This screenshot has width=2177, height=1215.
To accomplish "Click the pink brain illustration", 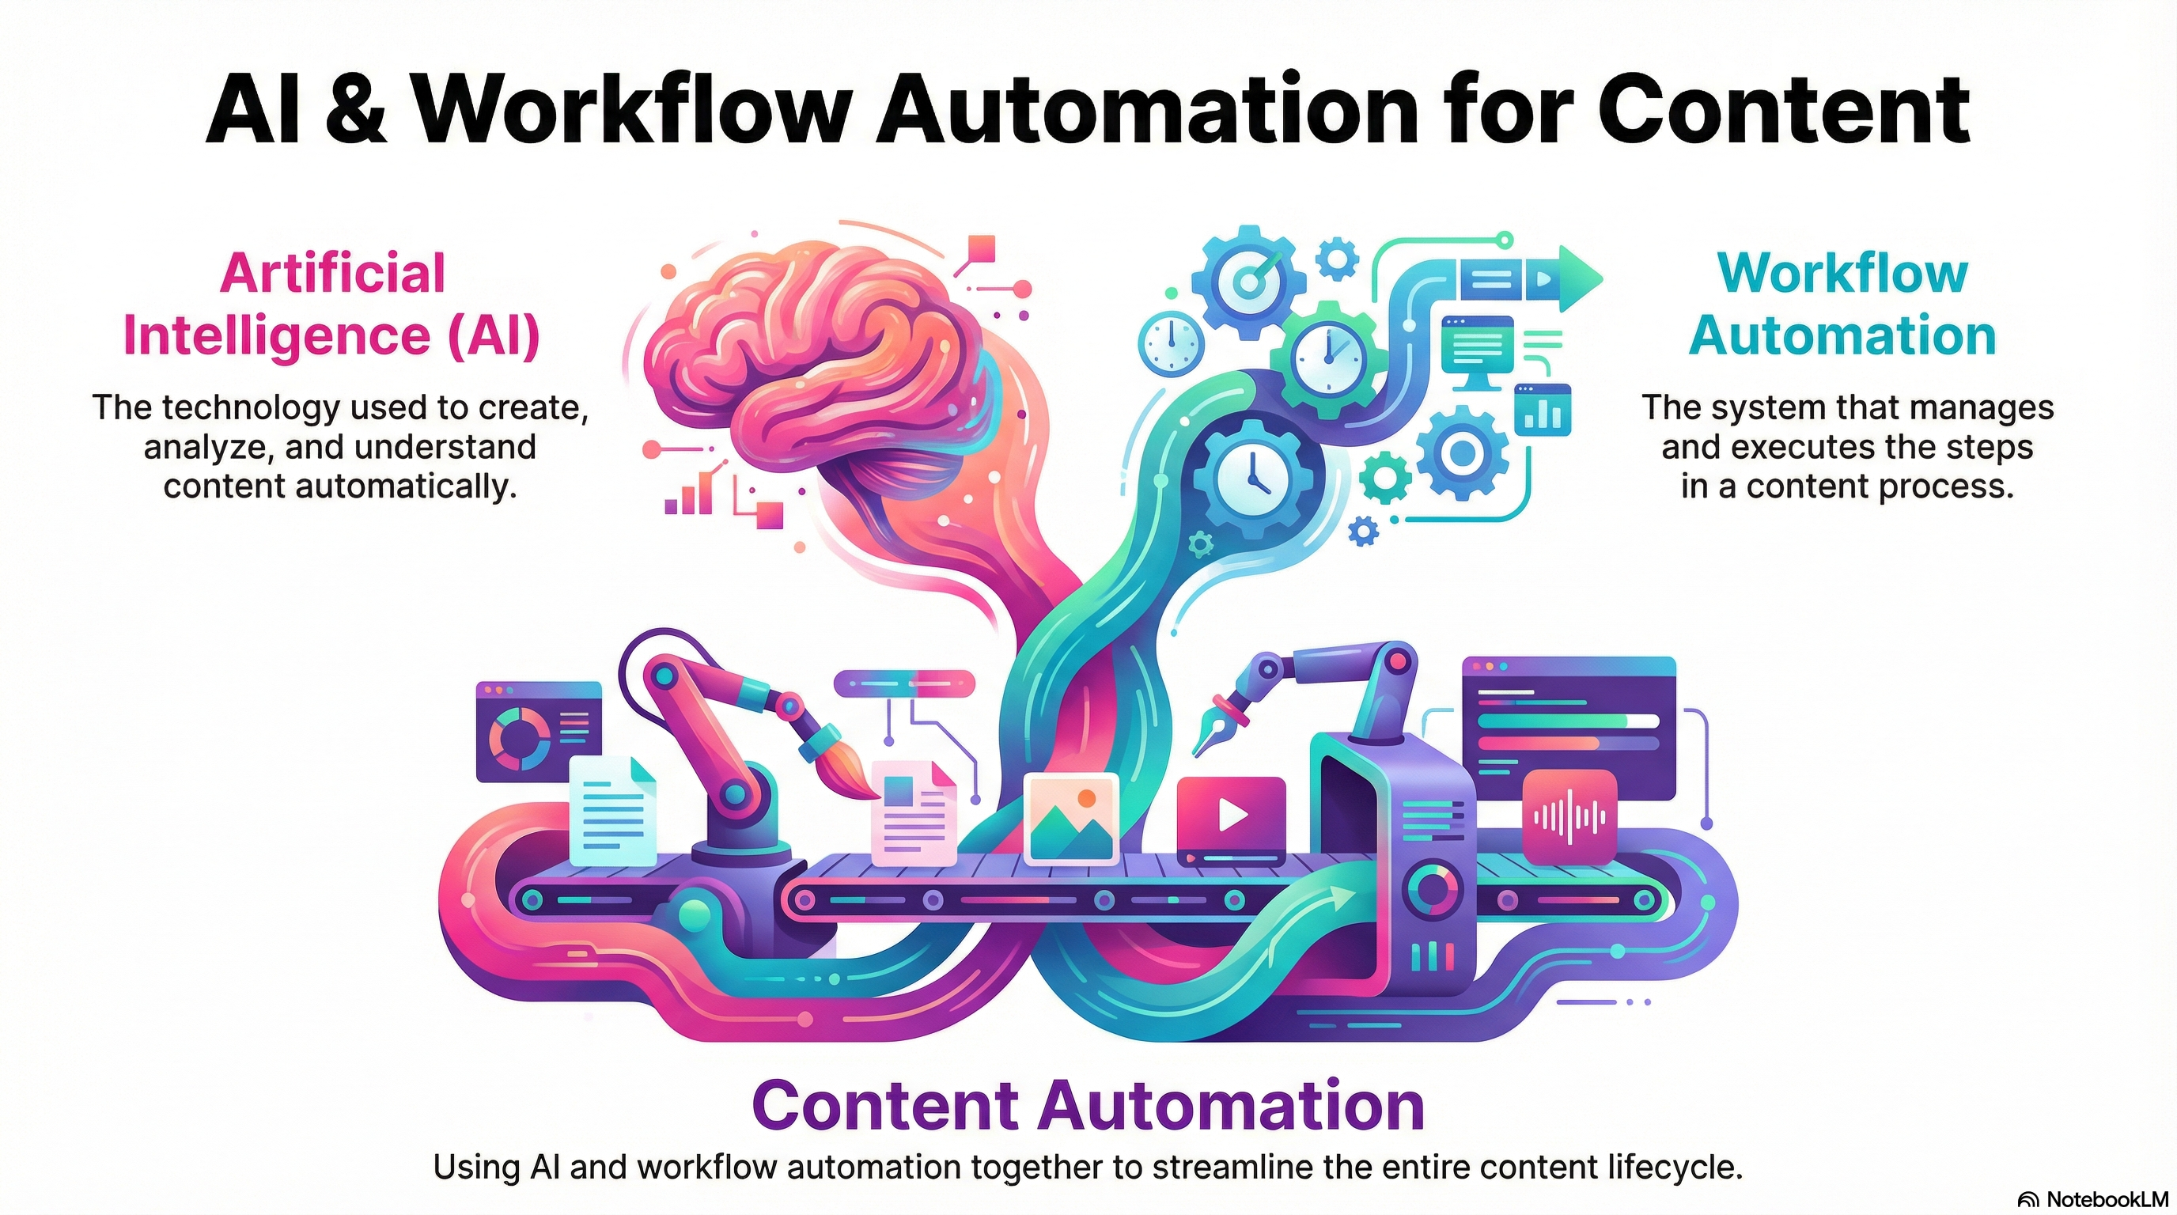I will (x=812, y=355).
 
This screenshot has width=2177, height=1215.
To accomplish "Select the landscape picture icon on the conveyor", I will (x=1071, y=818).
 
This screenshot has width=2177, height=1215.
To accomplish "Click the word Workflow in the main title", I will (x=634, y=110).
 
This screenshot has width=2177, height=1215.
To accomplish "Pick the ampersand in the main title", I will (x=355, y=110).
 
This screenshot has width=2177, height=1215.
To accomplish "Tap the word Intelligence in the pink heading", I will (x=277, y=335).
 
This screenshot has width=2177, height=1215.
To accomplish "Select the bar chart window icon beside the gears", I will (x=1543, y=410).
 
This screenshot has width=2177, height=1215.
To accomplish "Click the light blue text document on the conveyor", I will (x=613, y=811).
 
